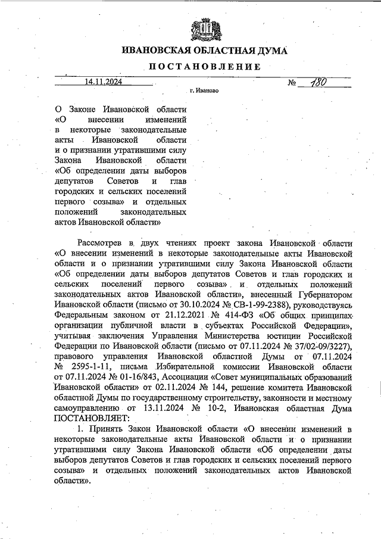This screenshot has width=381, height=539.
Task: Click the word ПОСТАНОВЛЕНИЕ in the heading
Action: (x=204, y=66)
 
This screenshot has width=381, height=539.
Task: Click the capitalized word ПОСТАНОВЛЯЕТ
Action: (x=92, y=418)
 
